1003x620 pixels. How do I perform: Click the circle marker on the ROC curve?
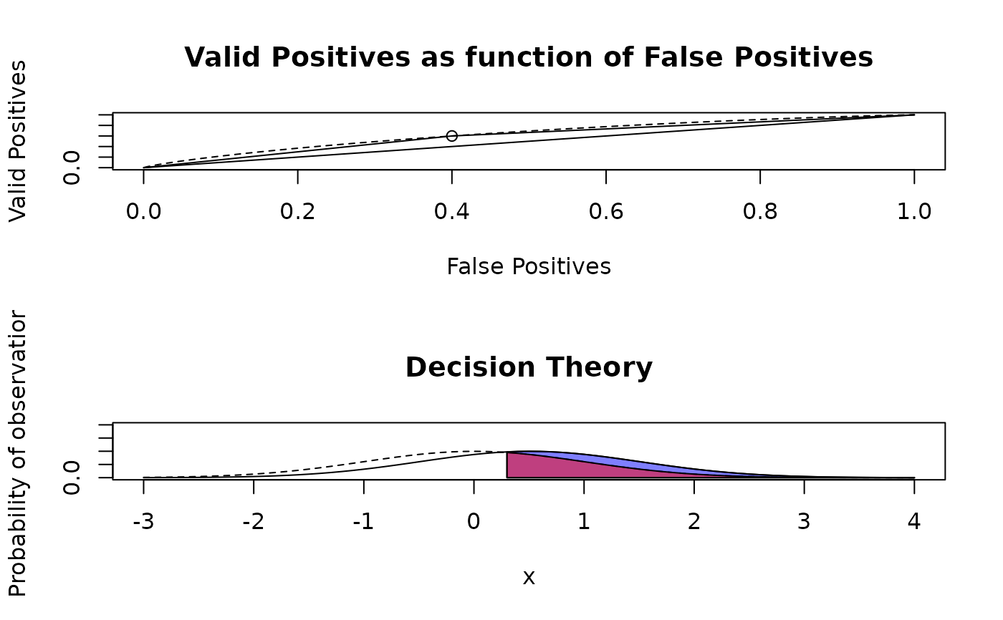click(x=452, y=136)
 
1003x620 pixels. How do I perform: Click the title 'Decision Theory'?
click(x=529, y=367)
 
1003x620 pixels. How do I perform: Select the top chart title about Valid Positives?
click(x=529, y=57)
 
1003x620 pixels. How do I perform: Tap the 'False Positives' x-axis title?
click(x=529, y=266)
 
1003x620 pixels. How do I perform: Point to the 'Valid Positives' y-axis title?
click(x=18, y=141)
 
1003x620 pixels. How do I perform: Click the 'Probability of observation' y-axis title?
click(x=18, y=454)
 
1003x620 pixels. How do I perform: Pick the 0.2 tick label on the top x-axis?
click(x=298, y=211)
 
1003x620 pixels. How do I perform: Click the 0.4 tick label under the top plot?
click(x=452, y=211)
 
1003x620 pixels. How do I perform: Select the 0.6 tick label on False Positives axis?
click(x=606, y=211)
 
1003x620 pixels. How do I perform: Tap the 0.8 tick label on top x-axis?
click(x=760, y=211)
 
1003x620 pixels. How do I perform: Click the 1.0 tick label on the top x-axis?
click(x=914, y=211)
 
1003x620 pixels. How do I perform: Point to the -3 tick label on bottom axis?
click(x=143, y=521)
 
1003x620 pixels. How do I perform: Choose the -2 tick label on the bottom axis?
click(x=254, y=521)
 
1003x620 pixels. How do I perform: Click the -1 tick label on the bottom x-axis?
click(x=364, y=521)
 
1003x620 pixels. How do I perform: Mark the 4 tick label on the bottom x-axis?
click(x=914, y=521)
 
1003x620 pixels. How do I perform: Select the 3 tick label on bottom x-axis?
click(x=804, y=521)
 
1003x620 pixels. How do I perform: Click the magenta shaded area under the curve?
click(x=544, y=468)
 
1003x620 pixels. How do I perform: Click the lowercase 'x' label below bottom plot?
click(x=529, y=577)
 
